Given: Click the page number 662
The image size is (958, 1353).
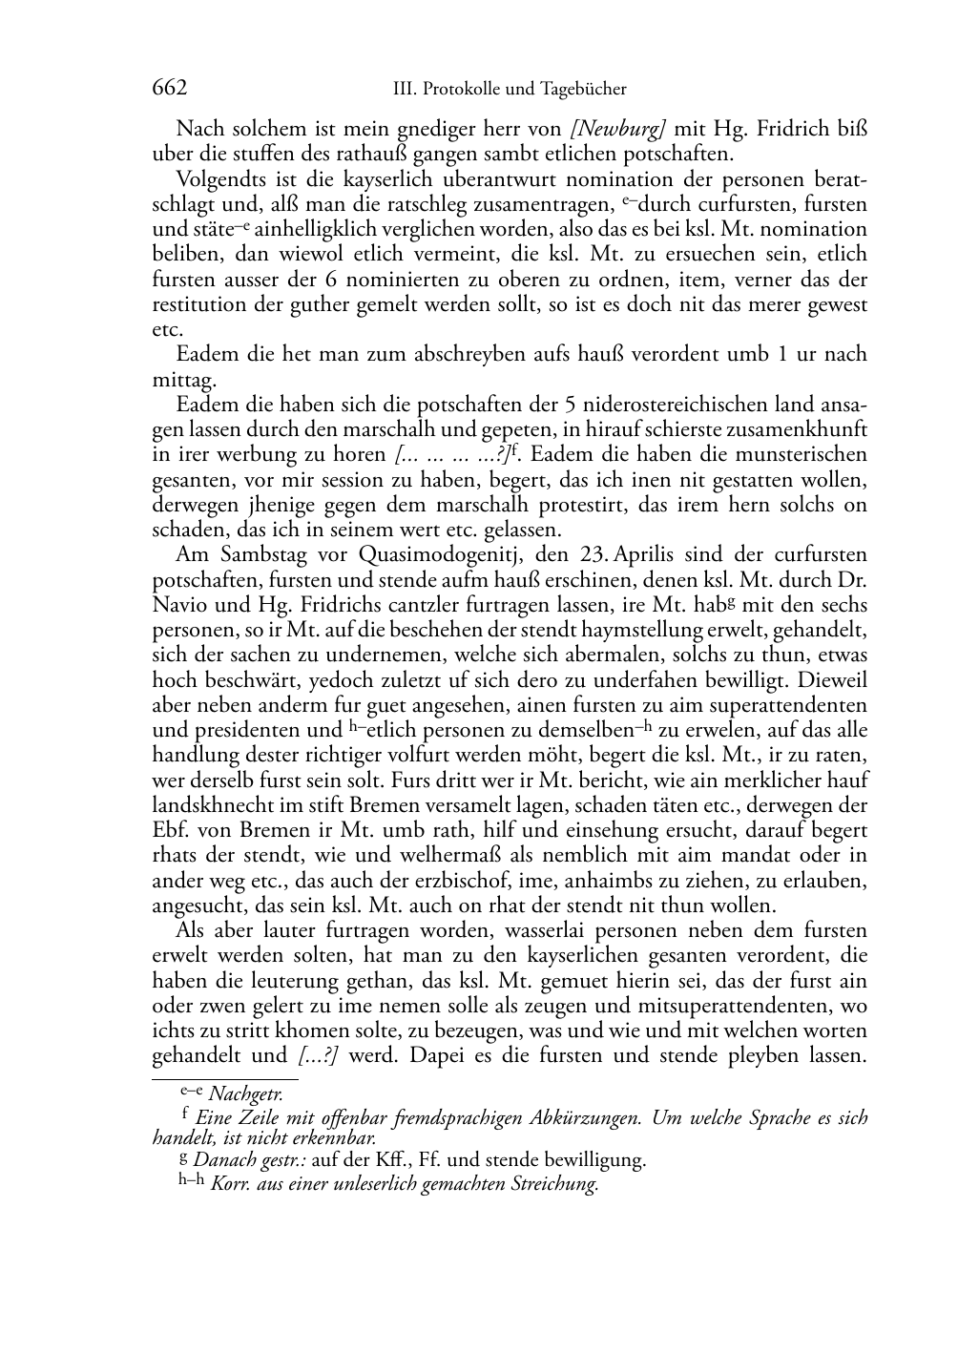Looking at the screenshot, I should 169,89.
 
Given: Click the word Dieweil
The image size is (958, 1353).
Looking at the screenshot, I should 834,680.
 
